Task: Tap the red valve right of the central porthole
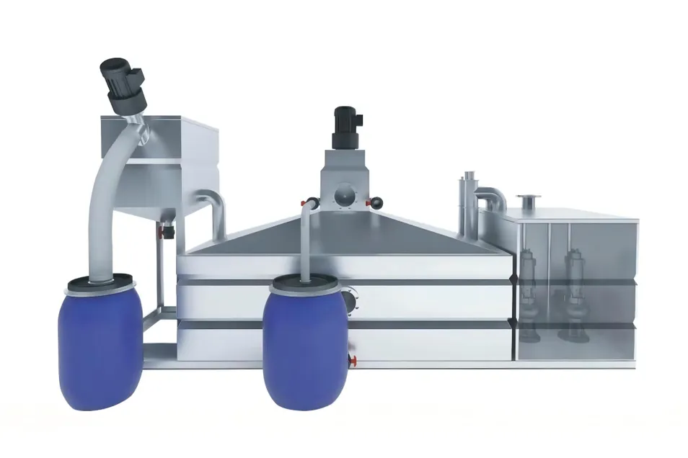(x=374, y=204)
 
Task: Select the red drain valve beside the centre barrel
(x=351, y=359)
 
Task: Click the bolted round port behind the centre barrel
(x=351, y=300)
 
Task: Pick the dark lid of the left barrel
(x=99, y=283)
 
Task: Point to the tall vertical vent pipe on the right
(x=465, y=205)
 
